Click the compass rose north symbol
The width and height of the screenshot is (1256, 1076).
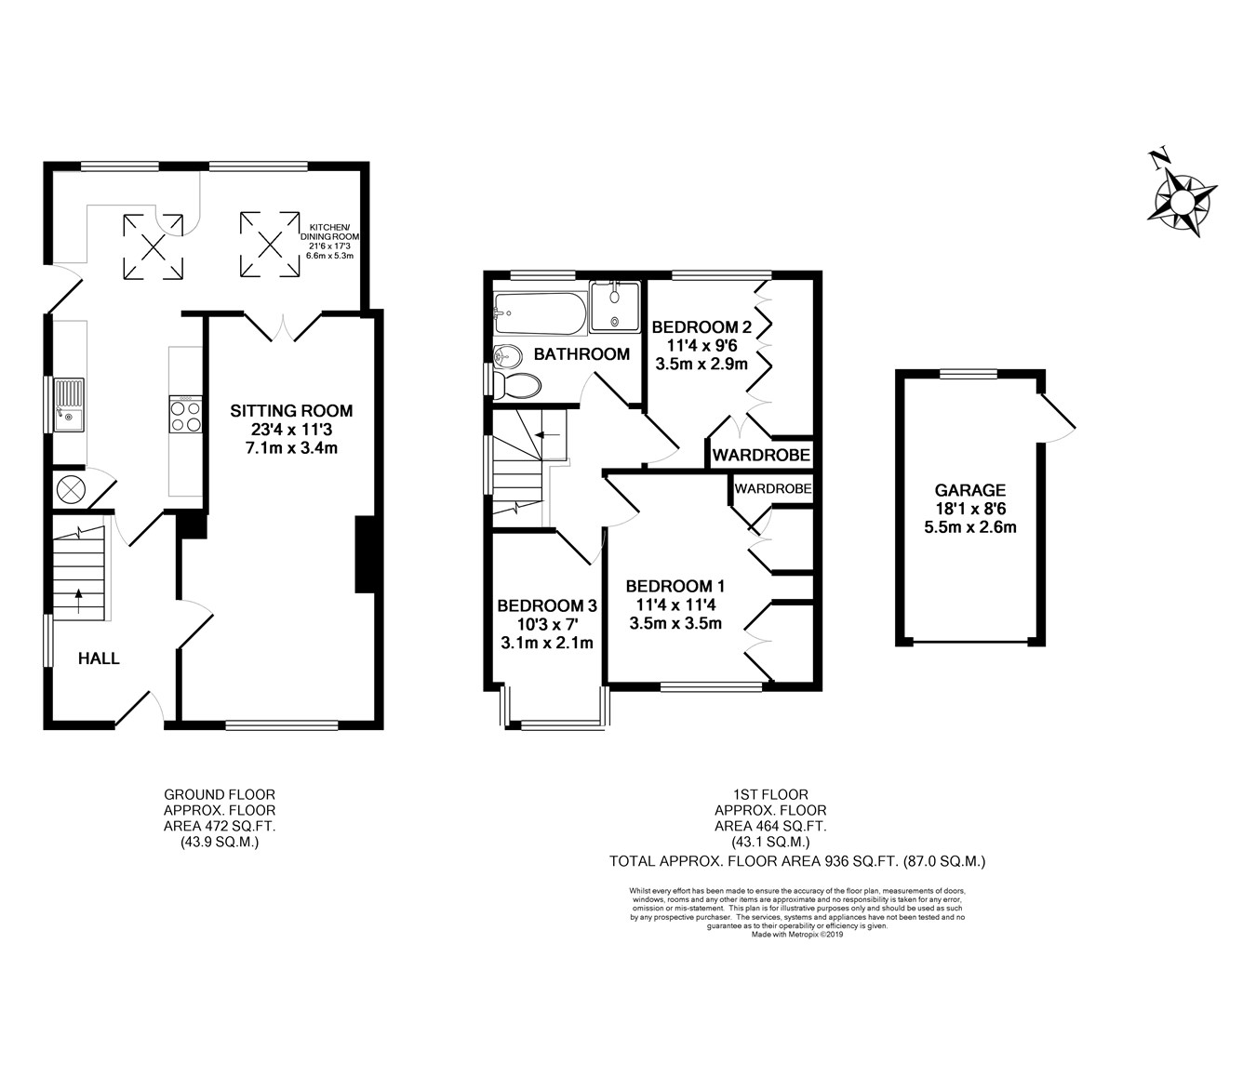click(x=1182, y=201)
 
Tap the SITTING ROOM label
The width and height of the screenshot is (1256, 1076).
click(x=291, y=411)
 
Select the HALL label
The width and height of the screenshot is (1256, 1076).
click(x=99, y=658)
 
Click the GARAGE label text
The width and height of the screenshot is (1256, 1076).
click(x=969, y=490)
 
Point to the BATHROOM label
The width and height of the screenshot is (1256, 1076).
click(x=581, y=354)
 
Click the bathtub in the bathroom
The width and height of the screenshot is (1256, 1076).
click(x=541, y=313)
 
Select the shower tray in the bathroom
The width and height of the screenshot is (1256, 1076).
click(x=615, y=307)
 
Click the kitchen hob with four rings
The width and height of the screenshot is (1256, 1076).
click(x=186, y=414)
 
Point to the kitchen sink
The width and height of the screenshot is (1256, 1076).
click(x=69, y=405)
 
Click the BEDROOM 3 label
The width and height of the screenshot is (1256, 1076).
click(x=547, y=605)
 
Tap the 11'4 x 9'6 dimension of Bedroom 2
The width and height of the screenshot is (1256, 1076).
click(x=701, y=346)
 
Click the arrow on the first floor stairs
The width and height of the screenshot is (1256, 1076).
click(x=548, y=435)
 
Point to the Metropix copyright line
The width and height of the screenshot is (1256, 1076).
click(x=797, y=935)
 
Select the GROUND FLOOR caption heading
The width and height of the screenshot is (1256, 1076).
click(x=220, y=795)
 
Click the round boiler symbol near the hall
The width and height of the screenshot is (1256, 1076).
click(x=68, y=488)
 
